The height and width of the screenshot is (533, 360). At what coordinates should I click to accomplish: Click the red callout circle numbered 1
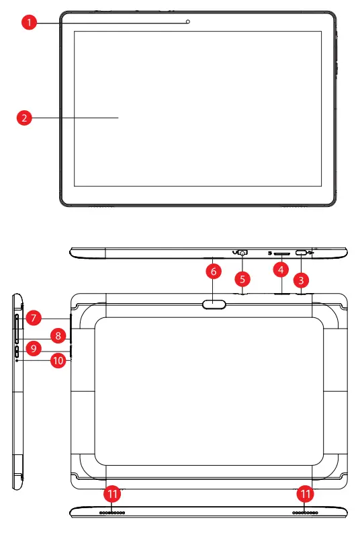(28, 22)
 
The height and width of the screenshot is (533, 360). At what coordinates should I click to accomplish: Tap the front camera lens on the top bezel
(188, 22)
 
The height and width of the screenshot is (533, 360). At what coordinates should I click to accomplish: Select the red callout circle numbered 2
(24, 118)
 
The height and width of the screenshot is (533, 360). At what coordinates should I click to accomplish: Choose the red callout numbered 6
(213, 272)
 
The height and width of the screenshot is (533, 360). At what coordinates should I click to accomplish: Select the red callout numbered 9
(33, 349)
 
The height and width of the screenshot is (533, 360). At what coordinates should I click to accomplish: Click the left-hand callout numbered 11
(113, 495)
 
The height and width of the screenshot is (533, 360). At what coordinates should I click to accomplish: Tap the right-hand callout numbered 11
(306, 495)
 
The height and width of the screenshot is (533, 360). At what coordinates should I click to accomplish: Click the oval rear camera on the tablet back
(214, 304)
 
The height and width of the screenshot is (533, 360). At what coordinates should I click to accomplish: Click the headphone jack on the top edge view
(242, 253)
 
